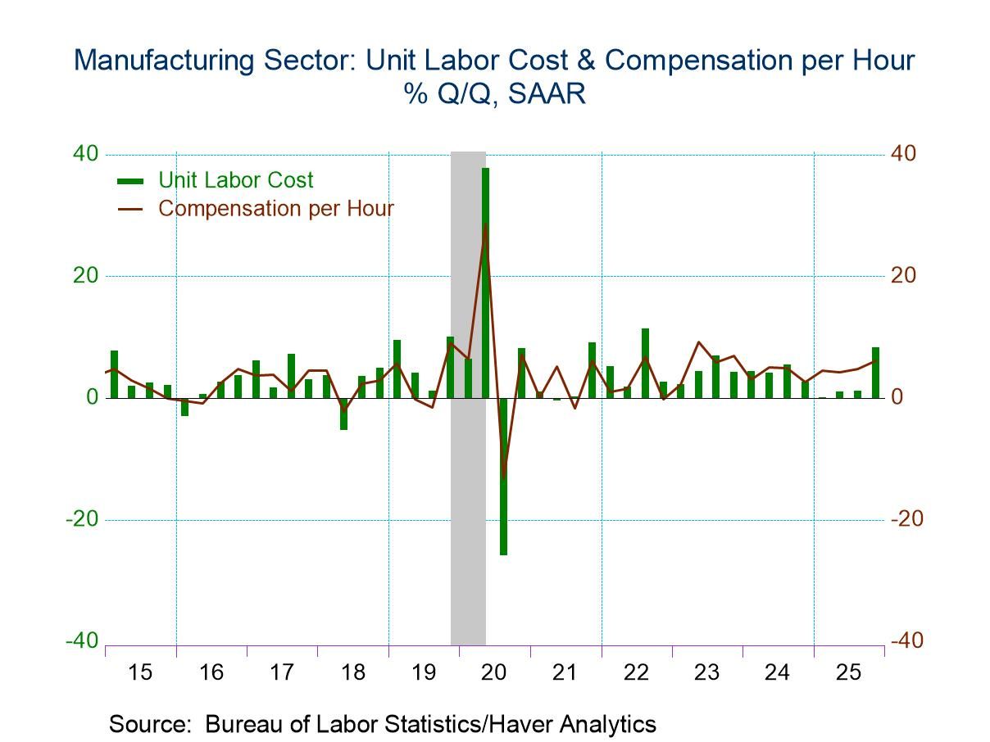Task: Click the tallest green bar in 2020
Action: point(485,283)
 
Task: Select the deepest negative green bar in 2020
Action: point(503,476)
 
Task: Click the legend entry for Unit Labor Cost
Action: point(235,180)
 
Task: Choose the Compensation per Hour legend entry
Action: point(275,208)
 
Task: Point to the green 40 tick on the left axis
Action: point(86,154)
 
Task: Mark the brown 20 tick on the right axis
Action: point(903,276)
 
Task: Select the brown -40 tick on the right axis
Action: point(906,640)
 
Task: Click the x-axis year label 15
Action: point(140,672)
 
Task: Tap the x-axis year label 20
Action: point(494,672)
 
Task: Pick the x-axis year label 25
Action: point(848,672)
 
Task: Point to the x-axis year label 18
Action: point(352,672)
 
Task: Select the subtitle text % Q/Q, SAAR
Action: point(493,94)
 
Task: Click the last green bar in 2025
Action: point(875,373)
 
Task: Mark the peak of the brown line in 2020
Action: point(485,224)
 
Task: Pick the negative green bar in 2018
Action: point(343,413)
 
